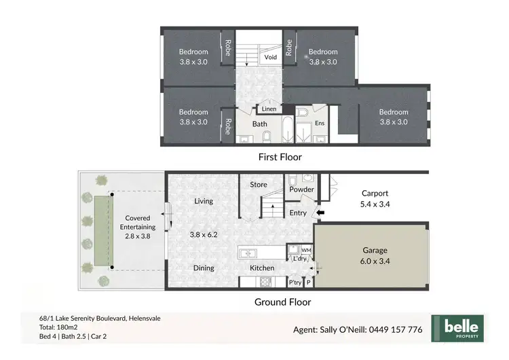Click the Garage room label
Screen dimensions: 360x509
tap(371, 249)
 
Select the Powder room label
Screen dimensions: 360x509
tap(301, 190)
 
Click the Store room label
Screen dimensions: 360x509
tap(258, 185)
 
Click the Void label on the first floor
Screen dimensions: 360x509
tap(270, 58)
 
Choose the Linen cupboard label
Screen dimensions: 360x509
tap(269, 109)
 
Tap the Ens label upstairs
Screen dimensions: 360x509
tap(320, 124)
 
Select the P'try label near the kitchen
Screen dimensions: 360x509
tap(295, 282)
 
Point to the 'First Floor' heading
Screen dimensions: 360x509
tap(279, 157)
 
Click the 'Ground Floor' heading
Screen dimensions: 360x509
tap(282, 302)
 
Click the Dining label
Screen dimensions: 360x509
tap(204, 268)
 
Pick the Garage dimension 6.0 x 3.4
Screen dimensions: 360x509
tap(371, 260)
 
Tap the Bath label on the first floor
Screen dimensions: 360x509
tap(260, 124)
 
